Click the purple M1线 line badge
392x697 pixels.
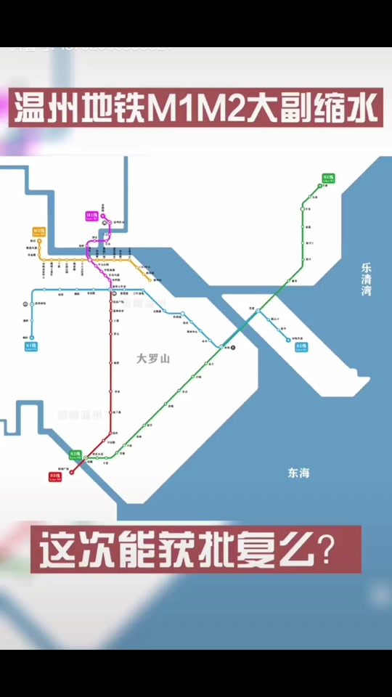91,216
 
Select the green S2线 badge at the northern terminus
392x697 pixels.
328,177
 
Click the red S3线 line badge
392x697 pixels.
55,476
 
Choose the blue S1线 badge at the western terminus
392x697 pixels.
30,347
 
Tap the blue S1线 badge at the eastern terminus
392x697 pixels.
301,347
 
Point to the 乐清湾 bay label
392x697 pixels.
371,279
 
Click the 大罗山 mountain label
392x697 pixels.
152,358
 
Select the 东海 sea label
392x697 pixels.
298,473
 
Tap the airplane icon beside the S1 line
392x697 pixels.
233,348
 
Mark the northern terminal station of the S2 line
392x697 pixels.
319,186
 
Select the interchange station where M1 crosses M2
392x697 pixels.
89,258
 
